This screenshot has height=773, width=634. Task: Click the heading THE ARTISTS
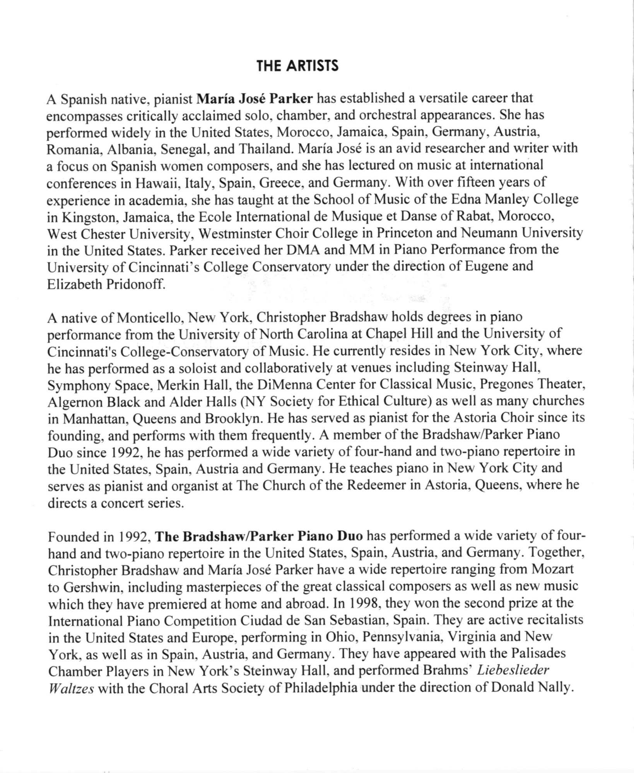click(297, 66)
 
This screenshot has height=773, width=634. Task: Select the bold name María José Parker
click(254, 99)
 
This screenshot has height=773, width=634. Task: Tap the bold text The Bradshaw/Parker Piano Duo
click(259, 536)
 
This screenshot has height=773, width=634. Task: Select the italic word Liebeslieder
click(513, 670)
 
